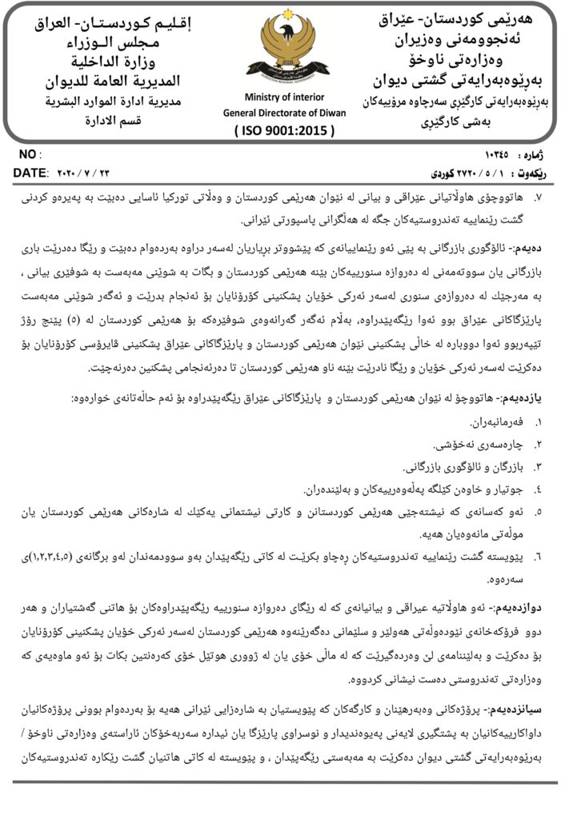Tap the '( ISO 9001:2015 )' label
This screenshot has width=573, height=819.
click(285, 130)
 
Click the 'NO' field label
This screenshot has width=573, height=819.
click(27, 154)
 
